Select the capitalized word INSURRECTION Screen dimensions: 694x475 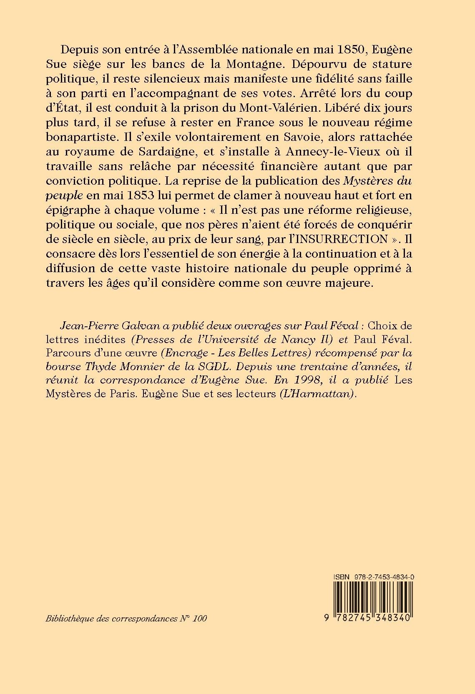[x=341, y=240]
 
